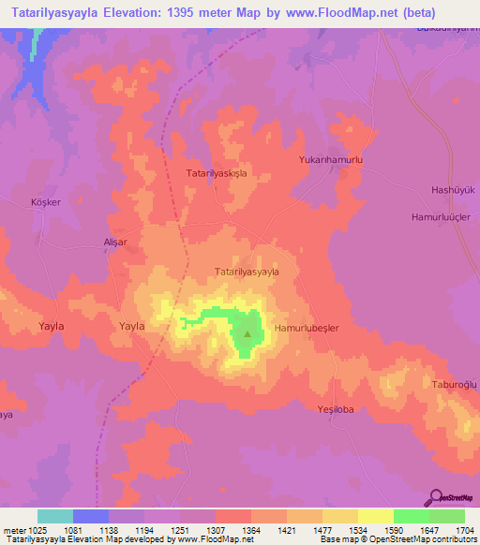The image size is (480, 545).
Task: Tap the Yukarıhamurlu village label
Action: [330, 160]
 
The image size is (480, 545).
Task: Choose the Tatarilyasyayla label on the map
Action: [247, 272]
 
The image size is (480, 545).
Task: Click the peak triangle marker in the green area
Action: [247, 332]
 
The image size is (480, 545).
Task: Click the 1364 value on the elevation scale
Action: [252, 531]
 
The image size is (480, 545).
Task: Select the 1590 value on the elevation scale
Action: [394, 531]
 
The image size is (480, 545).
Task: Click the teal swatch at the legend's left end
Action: [55, 516]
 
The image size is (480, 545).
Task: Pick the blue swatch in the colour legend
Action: [91, 516]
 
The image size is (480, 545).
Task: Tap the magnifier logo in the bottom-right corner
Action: [435, 497]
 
